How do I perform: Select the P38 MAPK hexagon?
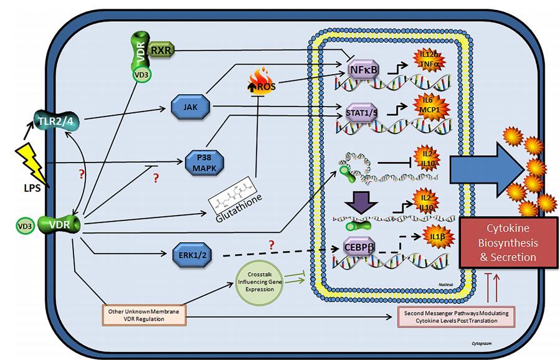pyautogui.click(x=204, y=164)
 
